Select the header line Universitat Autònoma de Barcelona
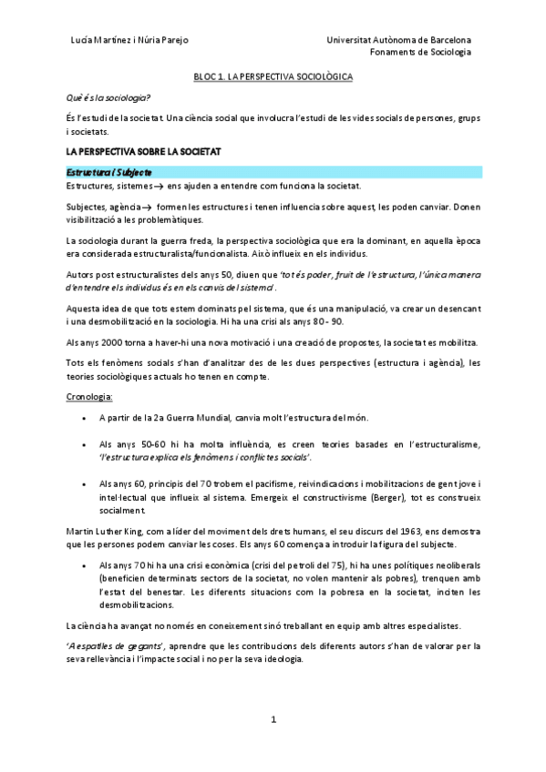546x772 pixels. (399, 40)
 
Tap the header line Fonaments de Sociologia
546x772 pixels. (421, 52)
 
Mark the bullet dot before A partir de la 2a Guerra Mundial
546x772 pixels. (85, 419)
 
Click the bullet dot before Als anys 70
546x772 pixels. (85, 565)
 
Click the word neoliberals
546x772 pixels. (450, 565)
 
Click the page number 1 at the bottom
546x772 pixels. (273, 719)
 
